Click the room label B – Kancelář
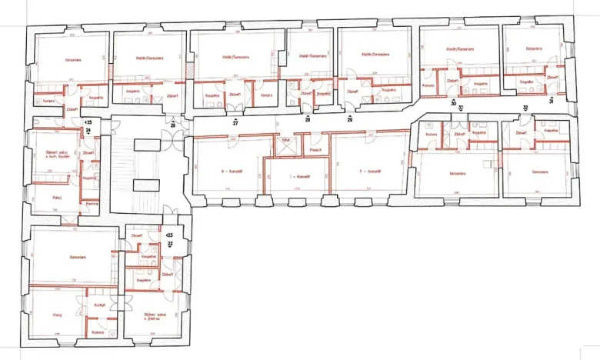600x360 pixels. pyautogui.click(x=231, y=171)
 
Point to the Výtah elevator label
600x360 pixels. pyautogui.click(x=285, y=141)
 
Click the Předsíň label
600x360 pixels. pyautogui.click(x=315, y=150)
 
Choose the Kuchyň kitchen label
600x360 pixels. pyautogui.click(x=99, y=305)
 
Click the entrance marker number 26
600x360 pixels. pyautogui.click(x=173, y=125)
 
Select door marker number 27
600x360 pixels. pyautogui.click(x=236, y=122)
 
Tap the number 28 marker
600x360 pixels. pyautogui.click(x=308, y=120)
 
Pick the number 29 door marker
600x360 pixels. pyautogui.click(x=349, y=120)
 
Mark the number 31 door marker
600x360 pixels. pyautogui.click(x=551, y=101)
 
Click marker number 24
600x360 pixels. pyautogui.click(x=88, y=131)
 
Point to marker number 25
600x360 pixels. pyautogui.click(x=88, y=122)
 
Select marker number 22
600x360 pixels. pyautogui.click(x=171, y=243)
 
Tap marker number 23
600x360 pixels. pyautogui.click(x=170, y=235)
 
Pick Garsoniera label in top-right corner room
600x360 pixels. pyautogui.click(x=534, y=48)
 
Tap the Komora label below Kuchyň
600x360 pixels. pyautogui.click(x=97, y=332)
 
